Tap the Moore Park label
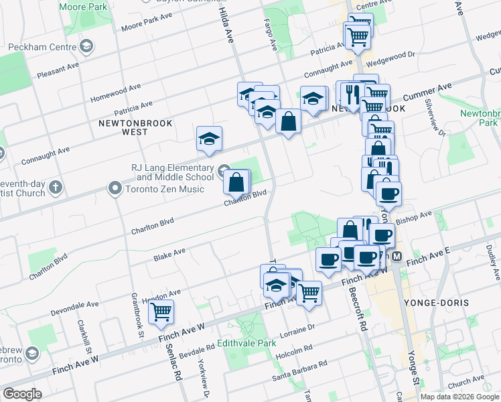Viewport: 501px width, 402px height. click(x=83, y=7)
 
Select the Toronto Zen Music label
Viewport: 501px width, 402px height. click(x=165, y=189)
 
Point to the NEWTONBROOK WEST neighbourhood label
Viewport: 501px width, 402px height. click(x=135, y=127)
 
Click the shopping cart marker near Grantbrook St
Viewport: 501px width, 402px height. click(x=161, y=312)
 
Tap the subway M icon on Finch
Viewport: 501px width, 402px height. click(x=397, y=257)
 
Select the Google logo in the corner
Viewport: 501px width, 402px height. click(x=22, y=394)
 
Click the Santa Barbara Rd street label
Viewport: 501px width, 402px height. click(x=299, y=372)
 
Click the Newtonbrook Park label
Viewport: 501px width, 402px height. click(x=479, y=118)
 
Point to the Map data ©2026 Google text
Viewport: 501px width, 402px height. click(x=459, y=396)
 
